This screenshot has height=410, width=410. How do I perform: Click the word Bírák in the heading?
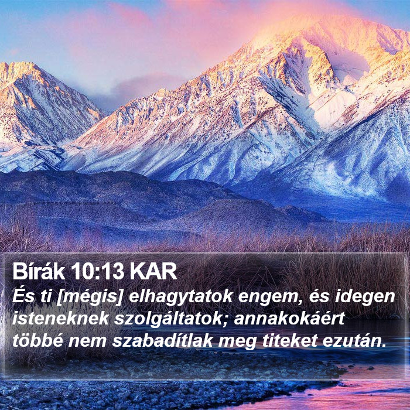[39, 272]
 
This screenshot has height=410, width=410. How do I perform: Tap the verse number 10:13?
[97, 272]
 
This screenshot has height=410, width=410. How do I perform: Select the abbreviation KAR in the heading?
[153, 272]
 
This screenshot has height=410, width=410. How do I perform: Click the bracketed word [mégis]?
[90, 298]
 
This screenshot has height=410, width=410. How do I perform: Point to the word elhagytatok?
[180, 298]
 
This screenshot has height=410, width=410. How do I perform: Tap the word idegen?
[365, 298]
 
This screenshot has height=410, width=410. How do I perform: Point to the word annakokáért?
[289, 319]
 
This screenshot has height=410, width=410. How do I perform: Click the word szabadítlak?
[162, 341]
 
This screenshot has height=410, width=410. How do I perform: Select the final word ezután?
[354, 341]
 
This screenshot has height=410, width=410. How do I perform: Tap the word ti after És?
[46, 297]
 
